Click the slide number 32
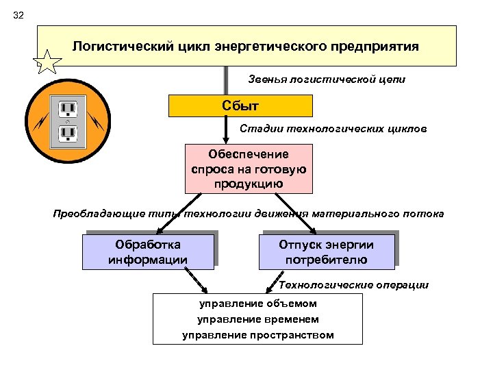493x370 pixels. tap(18, 15)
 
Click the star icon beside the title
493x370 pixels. tap(48, 64)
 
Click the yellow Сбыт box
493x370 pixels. tap(240, 106)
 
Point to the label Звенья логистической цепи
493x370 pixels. tap(326, 79)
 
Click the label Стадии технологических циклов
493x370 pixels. tap(333, 129)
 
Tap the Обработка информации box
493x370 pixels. tap(148, 252)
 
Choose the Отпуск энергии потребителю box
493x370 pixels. tap(326, 252)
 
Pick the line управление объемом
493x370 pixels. tap(257, 304)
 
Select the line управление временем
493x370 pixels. tap(257, 319)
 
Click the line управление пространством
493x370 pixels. tap(257, 335)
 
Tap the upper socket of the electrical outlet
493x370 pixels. tap(67, 108)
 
